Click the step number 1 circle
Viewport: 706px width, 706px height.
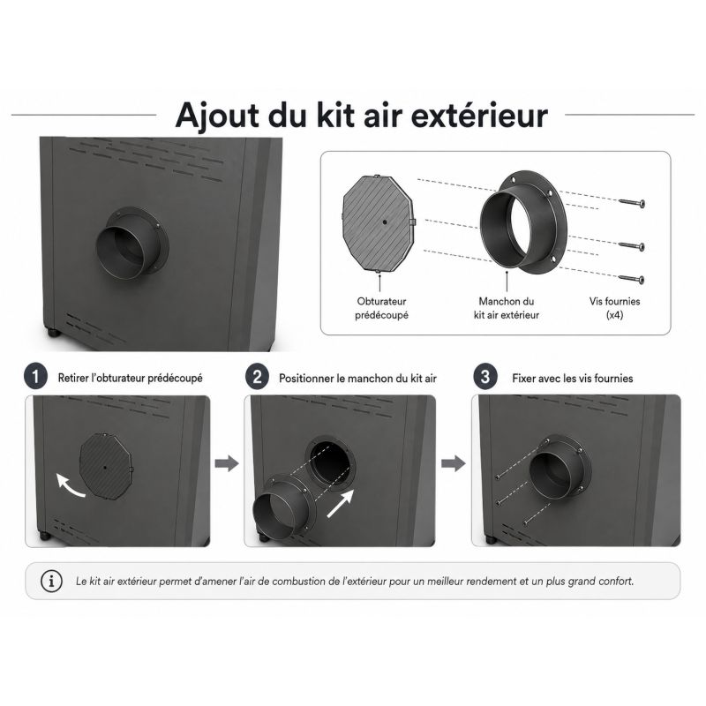click(36, 377)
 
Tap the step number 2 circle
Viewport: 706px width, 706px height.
click(257, 377)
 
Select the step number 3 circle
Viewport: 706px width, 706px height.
click(485, 377)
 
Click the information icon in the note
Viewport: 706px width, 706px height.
click(51, 581)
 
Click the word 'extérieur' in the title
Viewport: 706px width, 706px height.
click(479, 116)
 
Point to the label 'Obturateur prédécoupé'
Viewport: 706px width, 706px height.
click(381, 308)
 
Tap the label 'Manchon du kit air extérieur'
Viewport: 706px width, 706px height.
click(506, 308)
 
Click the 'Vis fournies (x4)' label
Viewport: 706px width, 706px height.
click(614, 308)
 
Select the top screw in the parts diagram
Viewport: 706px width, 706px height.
click(632, 203)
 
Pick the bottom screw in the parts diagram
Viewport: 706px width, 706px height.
click(632, 279)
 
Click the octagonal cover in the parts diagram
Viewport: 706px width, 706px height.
click(379, 224)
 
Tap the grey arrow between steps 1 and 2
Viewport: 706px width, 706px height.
click(227, 463)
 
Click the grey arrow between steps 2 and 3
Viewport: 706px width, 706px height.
click(454, 463)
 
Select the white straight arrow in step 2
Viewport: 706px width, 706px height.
click(341, 503)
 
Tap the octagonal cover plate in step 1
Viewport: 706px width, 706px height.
click(106, 466)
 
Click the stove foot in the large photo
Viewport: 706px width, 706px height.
click(54, 333)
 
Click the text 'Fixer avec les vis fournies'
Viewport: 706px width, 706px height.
click(572, 379)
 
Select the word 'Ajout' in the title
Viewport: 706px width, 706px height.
click(217, 116)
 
